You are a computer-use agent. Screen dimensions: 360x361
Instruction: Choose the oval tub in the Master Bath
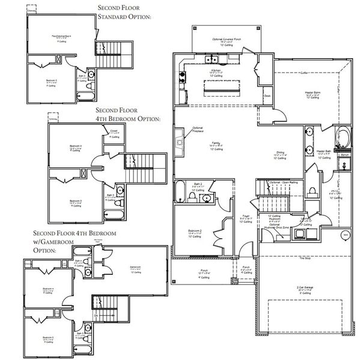coord(344,136)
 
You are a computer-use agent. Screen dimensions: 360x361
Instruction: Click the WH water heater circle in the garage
coord(345,235)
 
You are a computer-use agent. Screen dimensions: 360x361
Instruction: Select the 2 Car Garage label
coord(305,288)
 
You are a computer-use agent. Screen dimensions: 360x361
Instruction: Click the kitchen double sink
coord(211,59)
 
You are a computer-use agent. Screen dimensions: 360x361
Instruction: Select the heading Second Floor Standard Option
coord(124,12)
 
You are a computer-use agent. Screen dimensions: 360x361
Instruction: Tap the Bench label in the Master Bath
coord(344,155)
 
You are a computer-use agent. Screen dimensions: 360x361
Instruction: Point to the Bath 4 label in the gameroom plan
coord(79,261)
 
